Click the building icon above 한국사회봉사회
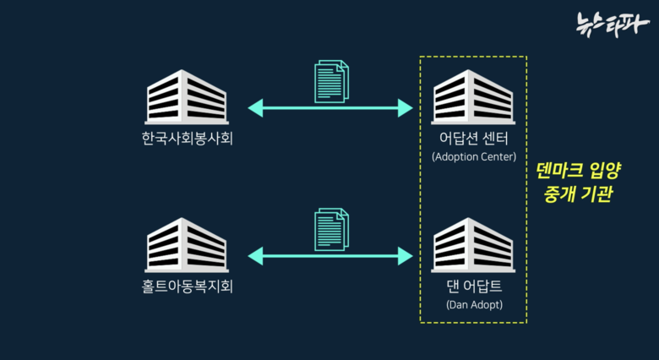(186, 96)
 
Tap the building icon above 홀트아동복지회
(186, 244)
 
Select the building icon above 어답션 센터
(472, 96)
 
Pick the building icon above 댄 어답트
(472, 244)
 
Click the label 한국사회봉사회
(188, 138)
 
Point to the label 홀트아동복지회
(188, 286)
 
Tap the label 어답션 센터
(473, 138)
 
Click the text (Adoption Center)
(473, 156)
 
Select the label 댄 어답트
(473, 286)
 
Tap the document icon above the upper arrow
(330, 81)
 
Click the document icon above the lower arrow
(330, 229)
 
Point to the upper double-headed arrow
(330, 107)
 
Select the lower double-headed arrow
(330, 254)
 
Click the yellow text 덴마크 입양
(579, 171)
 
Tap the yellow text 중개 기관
(579, 194)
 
